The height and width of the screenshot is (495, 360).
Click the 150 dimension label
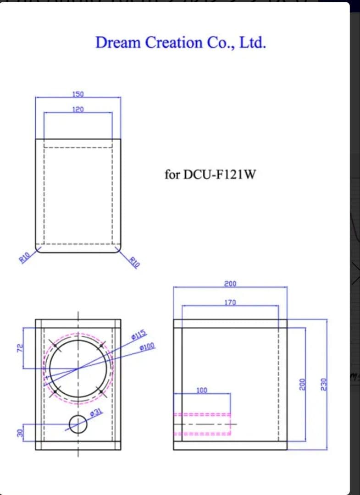click(78, 94)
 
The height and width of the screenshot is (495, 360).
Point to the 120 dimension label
click(78, 110)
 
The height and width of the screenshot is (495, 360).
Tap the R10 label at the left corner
click(24, 257)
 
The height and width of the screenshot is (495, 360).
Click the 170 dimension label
click(230, 302)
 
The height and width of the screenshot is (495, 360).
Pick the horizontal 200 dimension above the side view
click(230, 284)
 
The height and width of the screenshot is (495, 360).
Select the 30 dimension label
click(19, 434)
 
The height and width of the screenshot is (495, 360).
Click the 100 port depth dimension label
click(202, 390)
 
